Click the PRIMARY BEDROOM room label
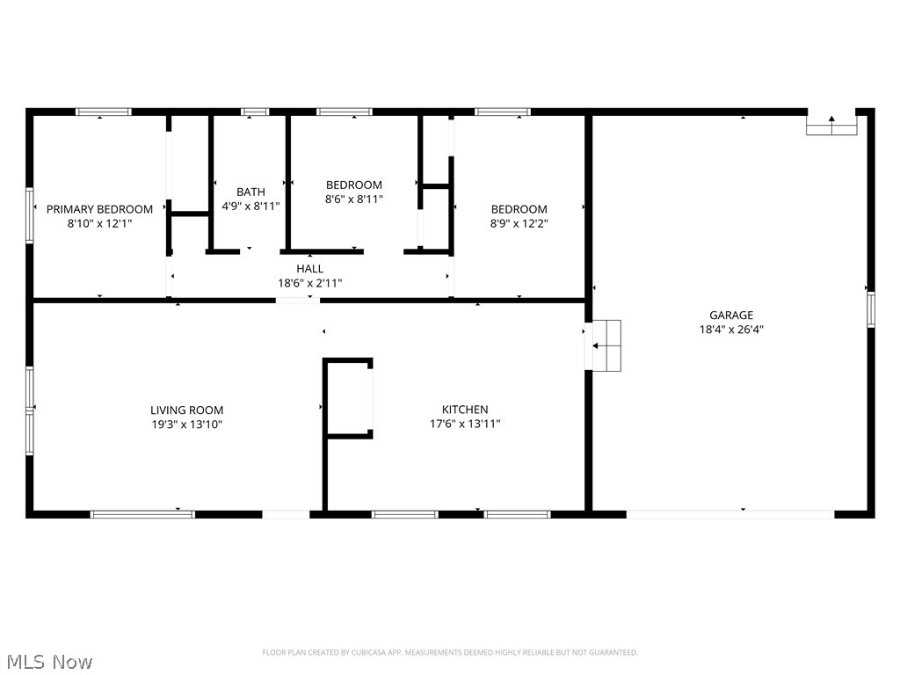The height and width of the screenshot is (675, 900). pyautogui.click(x=99, y=209)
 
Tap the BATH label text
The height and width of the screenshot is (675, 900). pyautogui.click(x=250, y=192)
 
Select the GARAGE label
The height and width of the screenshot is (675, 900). pyautogui.click(x=731, y=316)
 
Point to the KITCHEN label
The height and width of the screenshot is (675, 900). pyautogui.click(x=465, y=410)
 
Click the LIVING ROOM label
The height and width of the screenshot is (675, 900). pyautogui.click(x=186, y=410)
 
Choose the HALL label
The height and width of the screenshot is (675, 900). pyautogui.click(x=309, y=269)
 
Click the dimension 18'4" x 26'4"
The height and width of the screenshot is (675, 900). pyautogui.click(x=731, y=330)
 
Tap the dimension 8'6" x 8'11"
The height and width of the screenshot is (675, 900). pyautogui.click(x=354, y=200)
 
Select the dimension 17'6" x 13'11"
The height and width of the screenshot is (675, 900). pyautogui.click(x=465, y=425)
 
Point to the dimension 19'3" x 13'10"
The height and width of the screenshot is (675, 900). pyautogui.click(x=186, y=425)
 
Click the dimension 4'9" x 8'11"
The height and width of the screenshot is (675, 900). pyautogui.click(x=250, y=207)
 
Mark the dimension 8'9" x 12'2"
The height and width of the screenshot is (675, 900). pyautogui.click(x=519, y=224)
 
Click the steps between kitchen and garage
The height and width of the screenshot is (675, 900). pyautogui.click(x=607, y=345)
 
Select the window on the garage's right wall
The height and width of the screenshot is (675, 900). pyautogui.click(x=870, y=309)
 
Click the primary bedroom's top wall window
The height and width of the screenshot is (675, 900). pyautogui.click(x=104, y=112)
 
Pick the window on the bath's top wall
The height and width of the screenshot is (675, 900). pyautogui.click(x=255, y=112)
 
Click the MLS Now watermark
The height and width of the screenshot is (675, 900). pyautogui.click(x=48, y=661)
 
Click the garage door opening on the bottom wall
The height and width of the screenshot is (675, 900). pyautogui.click(x=729, y=513)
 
